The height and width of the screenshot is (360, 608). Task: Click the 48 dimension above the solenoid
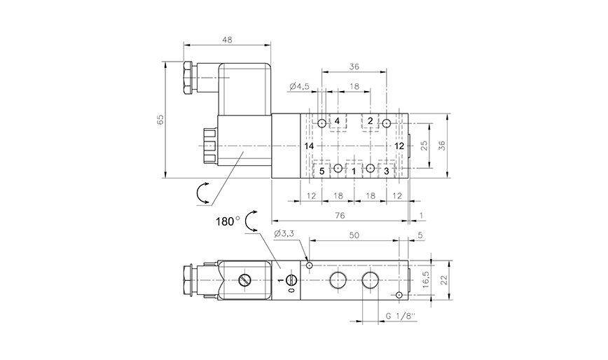[x=227, y=41]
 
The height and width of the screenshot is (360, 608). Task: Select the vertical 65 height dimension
[x=160, y=119]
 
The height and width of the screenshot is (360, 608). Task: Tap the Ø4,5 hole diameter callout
[x=299, y=87]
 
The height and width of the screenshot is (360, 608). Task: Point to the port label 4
[x=337, y=121]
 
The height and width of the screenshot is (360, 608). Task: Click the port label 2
[x=371, y=121]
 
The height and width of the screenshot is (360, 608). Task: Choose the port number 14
[x=309, y=146]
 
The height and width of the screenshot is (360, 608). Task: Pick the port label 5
[x=322, y=170]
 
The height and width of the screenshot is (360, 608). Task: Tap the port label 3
[x=386, y=170]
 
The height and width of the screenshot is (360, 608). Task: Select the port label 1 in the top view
[x=354, y=170]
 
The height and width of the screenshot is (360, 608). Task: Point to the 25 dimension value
[x=422, y=146]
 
